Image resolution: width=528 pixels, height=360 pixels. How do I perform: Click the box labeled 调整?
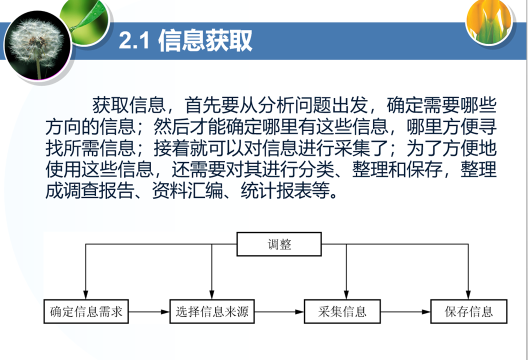(x=279, y=244)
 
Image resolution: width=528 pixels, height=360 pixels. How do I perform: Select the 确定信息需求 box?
(x=86, y=312)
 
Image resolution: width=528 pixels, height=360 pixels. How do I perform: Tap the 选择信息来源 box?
(x=212, y=312)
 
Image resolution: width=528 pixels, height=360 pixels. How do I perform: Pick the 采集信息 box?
(x=342, y=312)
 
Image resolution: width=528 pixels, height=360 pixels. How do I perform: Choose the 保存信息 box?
(x=469, y=312)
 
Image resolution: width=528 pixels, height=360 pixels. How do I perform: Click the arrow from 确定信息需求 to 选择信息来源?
(x=149, y=312)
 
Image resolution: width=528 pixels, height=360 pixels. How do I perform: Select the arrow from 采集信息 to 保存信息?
(x=405, y=312)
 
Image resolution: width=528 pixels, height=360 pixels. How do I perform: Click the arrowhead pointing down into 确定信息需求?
(x=86, y=295)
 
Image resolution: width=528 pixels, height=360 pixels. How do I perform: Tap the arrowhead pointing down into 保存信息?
(x=468, y=295)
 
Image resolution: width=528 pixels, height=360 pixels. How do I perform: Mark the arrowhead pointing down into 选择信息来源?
(x=212, y=295)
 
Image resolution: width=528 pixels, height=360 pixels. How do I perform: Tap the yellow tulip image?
(x=488, y=21)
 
